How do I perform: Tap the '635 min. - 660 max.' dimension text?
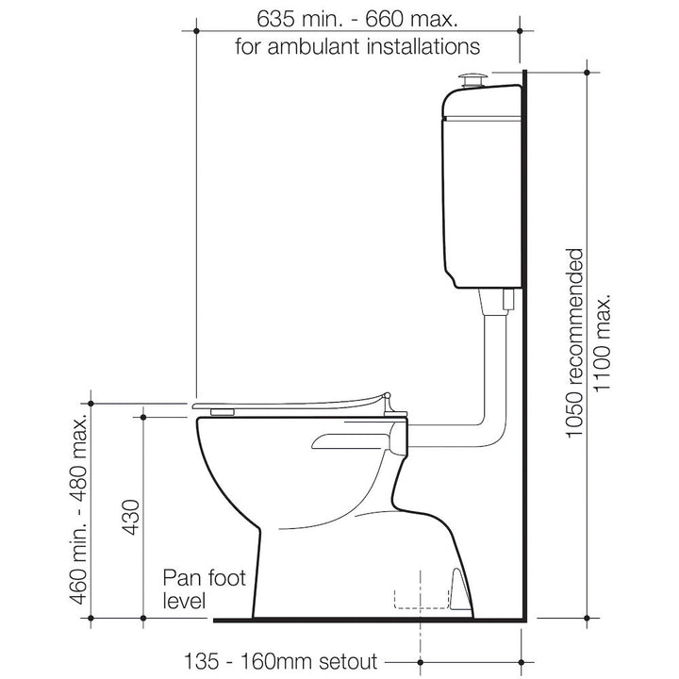point(358,18)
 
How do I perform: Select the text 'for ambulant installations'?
point(358,44)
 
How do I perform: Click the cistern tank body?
point(481,189)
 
